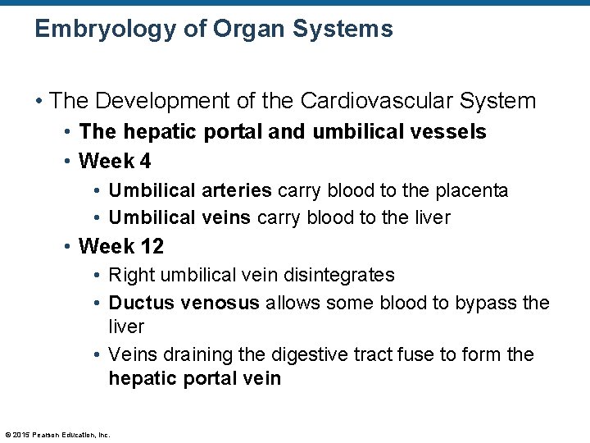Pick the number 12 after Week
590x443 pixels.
[151, 246]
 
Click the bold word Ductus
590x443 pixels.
[141, 303]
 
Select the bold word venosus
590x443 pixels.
[219, 303]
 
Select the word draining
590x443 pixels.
[200, 354]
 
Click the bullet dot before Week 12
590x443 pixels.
[70, 247]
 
